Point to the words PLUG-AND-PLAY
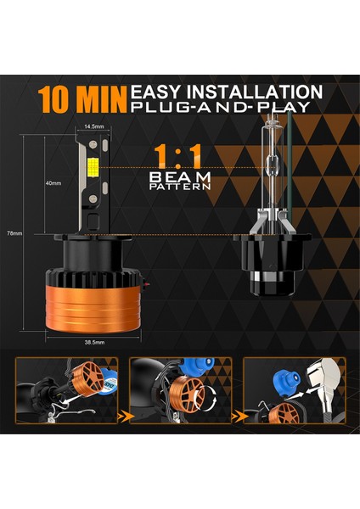[224, 107]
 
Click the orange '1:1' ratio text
[177, 154]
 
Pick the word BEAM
[178, 176]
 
